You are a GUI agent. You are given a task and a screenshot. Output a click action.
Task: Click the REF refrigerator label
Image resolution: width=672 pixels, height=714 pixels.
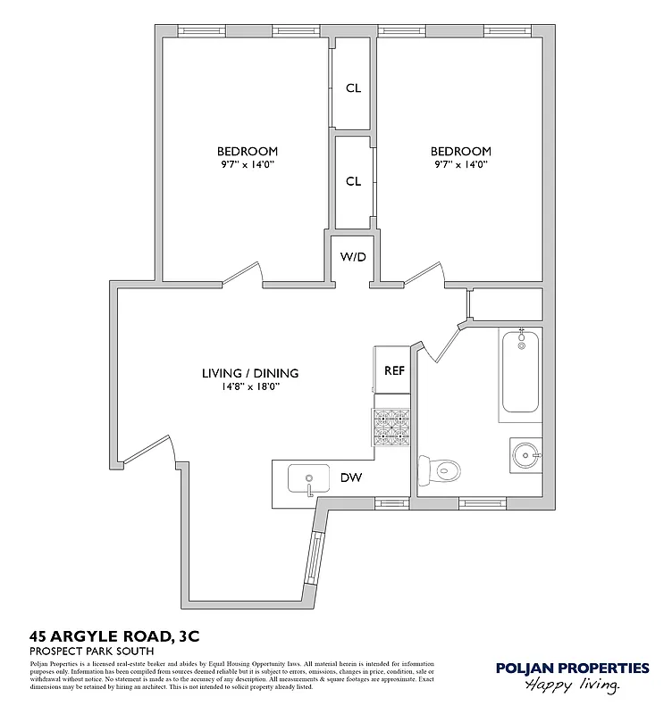[x=394, y=370]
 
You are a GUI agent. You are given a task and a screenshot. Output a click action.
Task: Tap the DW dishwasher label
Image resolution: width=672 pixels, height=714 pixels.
[x=350, y=477]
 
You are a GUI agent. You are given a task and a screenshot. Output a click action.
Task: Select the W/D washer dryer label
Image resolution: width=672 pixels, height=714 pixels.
[x=353, y=256]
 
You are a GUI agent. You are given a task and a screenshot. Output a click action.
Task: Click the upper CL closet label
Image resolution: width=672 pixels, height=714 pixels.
[x=353, y=87]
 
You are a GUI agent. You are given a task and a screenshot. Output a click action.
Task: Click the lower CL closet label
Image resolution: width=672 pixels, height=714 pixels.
[x=353, y=181]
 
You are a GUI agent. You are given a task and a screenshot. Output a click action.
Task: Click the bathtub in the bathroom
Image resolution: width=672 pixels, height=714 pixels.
[x=520, y=370]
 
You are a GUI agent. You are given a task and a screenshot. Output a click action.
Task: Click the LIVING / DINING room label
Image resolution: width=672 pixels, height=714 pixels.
[x=250, y=373]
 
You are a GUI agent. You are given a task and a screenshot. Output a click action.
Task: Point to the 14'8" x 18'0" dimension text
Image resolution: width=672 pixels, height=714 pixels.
[x=250, y=386]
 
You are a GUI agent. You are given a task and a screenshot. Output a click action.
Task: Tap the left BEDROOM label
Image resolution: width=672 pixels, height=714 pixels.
[x=247, y=151]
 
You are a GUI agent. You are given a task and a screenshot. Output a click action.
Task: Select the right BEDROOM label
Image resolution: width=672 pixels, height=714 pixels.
[x=461, y=151]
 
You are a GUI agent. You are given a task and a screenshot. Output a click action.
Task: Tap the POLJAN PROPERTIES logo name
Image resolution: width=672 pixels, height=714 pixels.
[x=573, y=668]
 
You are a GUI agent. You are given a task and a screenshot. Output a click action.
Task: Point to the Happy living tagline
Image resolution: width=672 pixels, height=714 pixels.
[x=573, y=685]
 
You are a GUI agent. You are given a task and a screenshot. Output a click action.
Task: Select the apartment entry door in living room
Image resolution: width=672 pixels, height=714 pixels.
[x=146, y=450]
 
